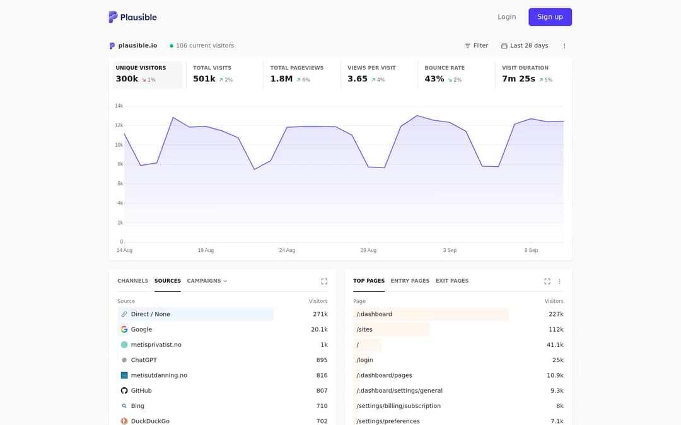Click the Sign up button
(550, 17)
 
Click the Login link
(506, 17)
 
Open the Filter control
(477, 45)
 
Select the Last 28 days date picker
(525, 45)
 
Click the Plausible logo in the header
(132, 17)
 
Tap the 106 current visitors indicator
(202, 45)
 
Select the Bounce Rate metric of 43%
(434, 79)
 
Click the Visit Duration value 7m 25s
(518, 79)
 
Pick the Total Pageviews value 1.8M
(281, 79)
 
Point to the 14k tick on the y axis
(119, 106)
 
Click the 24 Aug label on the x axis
(287, 250)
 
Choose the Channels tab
(133, 281)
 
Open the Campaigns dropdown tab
(207, 281)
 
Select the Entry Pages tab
(410, 281)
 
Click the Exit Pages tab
(452, 281)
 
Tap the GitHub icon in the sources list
(124, 391)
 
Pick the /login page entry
(365, 360)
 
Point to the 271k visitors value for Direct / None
(320, 314)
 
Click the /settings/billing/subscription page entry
(399, 406)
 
